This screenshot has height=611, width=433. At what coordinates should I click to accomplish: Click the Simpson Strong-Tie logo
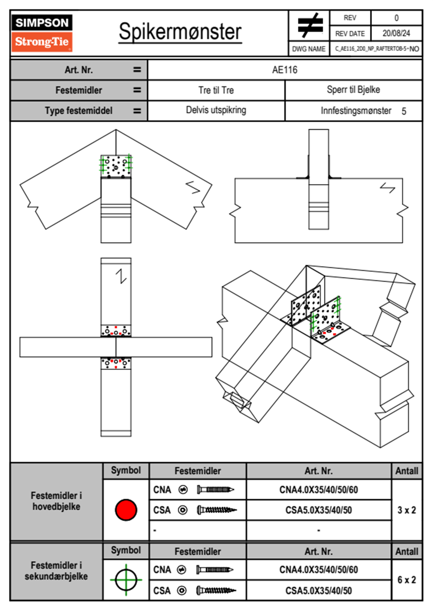pyautogui.click(x=42, y=33)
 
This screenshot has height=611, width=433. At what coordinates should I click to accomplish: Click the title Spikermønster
pyautogui.click(x=180, y=32)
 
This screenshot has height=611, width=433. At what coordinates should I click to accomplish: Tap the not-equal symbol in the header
pyautogui.click(x=310, y=25)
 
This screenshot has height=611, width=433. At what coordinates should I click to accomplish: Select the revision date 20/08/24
pyautogui.click(x=396, y=33)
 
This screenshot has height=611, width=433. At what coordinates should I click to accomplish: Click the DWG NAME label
pyautogui.click(x=309, y=49)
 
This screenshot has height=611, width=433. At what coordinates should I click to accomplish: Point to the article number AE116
pyautogui.click(x=285, y=70)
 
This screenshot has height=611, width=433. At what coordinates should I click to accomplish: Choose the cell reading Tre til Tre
pyautogui.click(x=216, y=90)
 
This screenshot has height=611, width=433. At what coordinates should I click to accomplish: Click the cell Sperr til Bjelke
pyautogui.click(x=353, y=90)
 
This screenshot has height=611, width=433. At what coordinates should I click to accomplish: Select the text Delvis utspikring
pyautogui.click(x=216, y=110)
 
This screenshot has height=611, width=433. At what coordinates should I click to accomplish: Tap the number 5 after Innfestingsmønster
pyautogui.click(x=404, y=111)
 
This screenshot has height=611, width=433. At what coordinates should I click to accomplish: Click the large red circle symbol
pyautogui.click(x=126, y=510)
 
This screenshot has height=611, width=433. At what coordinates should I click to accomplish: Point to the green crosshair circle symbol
pyautogui.click(x=126, y=580)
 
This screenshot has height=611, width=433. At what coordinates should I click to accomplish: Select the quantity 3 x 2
pyautogui.click(x=406, y=510)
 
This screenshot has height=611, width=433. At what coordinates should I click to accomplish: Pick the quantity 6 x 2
pyautogui.click(x=406, y=580)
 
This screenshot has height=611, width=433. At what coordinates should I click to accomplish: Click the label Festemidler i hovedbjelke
pyautogui.click(x=56, y=501)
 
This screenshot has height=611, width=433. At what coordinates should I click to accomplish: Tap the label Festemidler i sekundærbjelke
pyautogui.click(x=56, y=571)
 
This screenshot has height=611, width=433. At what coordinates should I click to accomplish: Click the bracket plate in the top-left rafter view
pyautogui.click(x=116, y=166)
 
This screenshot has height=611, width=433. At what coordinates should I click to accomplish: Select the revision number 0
pyautogui.click(x=396, y=18)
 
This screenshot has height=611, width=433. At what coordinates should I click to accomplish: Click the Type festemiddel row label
pyautogui.click(x=79, y=110)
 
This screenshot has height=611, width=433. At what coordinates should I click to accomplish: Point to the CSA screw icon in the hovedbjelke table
pyautogui.click(x=216, y=510)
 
